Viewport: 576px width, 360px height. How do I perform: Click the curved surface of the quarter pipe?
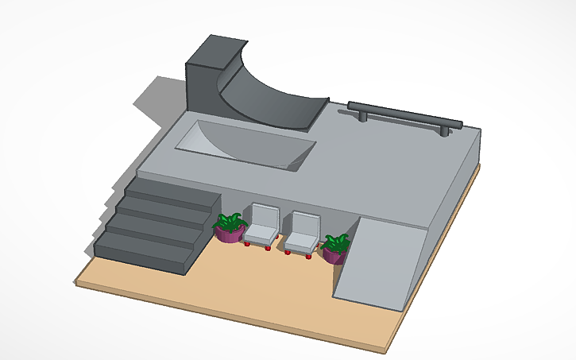pyautogui.click(x=262, y=99)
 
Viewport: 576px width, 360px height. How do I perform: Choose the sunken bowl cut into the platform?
pyautogui.click(x=246, y=145)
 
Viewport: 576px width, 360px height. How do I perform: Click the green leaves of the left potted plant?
pyautogui.click(x=230, y=219)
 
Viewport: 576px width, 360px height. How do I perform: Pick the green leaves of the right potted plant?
pyautogui.click(x=336, y=241)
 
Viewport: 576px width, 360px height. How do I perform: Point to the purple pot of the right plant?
pyautogui.click(x=334, y=255)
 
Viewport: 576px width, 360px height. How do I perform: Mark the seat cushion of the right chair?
pyautogui.click(x=298, y=242)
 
